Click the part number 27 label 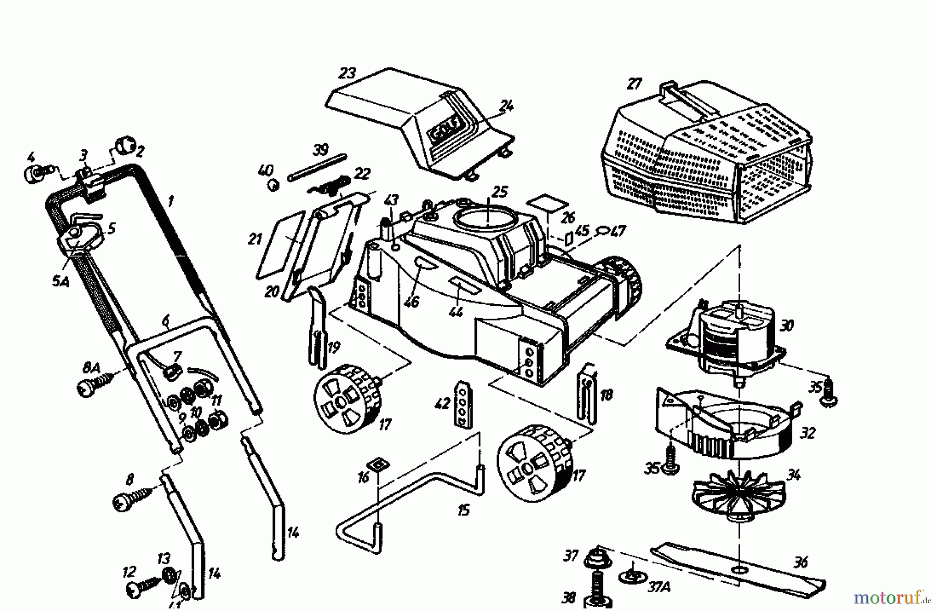coord(635,84)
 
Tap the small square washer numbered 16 coord(376,464)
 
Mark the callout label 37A coord(659,587)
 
